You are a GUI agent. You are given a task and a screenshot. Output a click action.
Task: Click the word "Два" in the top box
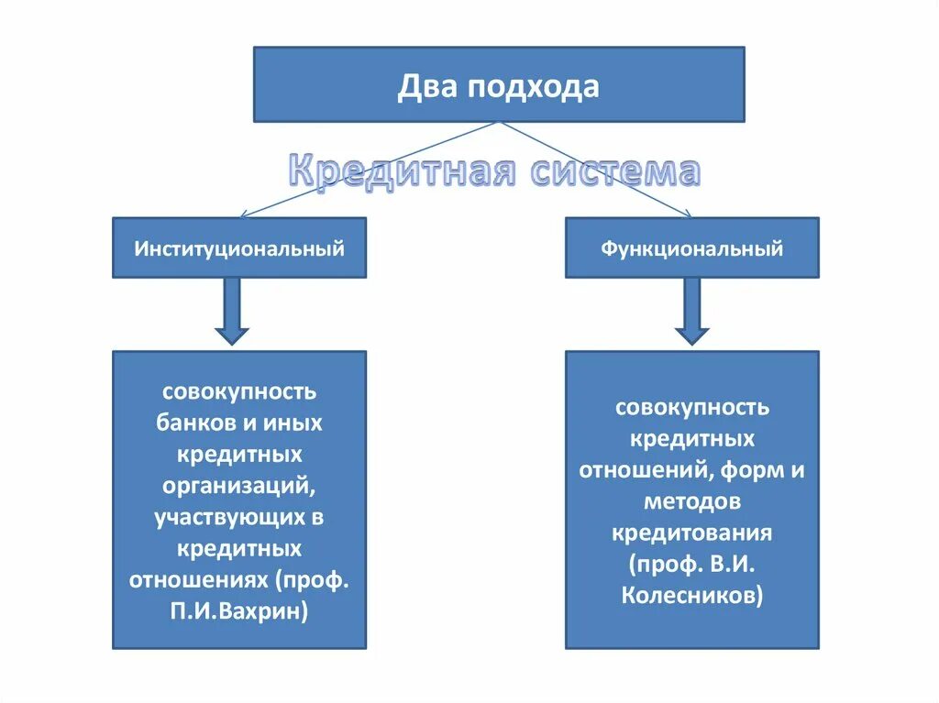pyautogui.click(x=428, y=86)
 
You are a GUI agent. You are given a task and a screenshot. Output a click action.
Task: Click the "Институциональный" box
pyautogui.click(x=239, y=247)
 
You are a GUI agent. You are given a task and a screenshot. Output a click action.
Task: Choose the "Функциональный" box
pyautogui.click(x=692, y=247)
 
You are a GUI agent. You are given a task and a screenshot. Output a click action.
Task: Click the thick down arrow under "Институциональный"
pyautogui.click(x=232, y=312)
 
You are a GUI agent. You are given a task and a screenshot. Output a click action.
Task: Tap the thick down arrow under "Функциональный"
pyautogui.click(x=692, y=312)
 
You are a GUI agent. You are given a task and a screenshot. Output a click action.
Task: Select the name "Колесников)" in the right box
pyautogui.click(x=692, y=595)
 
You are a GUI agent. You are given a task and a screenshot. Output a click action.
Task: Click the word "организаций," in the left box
pyautogui.click(x=239, y=486)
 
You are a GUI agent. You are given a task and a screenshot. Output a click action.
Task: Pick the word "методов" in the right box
pyautogui.click(x=692, y=500)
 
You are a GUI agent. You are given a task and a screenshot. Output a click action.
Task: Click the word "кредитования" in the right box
pyautogui.click(x=692, y=533)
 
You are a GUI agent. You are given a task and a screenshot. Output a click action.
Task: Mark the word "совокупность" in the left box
pyautogui.click(x=239, y=391)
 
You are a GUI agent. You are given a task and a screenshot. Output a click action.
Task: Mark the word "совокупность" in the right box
pyautogui.click(x=692, y=406)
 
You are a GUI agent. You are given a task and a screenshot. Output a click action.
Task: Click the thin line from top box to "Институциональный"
pyautogui.click(x=367, y=170)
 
